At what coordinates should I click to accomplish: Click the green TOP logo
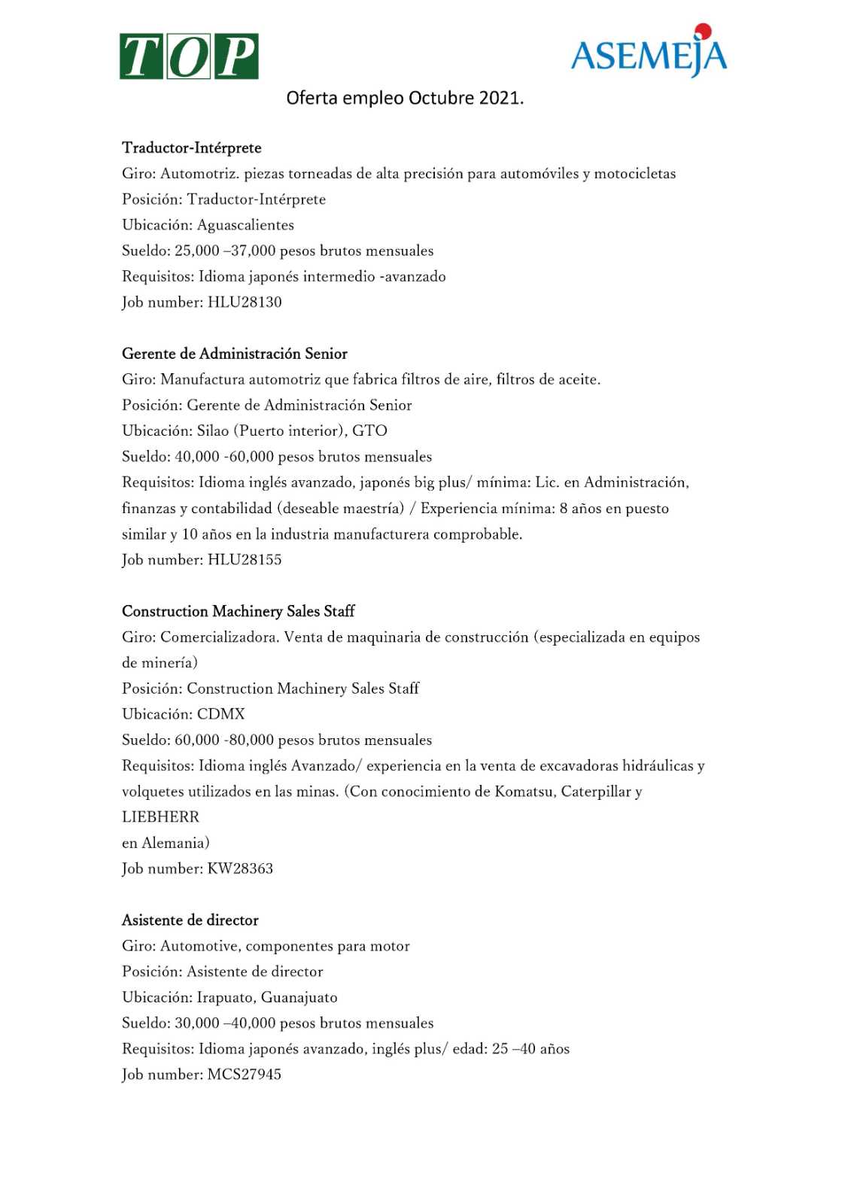[x=189, y=56]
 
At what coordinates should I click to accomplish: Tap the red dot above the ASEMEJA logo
[x=703, y=31]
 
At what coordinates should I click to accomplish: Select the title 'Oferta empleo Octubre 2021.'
[x=405, y=99]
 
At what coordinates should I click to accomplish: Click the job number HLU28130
[x=245, y=303]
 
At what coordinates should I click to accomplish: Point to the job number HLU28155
[x=245, y=560]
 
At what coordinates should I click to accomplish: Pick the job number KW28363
[x=240, y=868]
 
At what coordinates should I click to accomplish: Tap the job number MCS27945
[x=244, y=1075]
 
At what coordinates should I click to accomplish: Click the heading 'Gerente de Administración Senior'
[x=235, y=354]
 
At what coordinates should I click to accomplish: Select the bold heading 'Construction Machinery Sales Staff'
[x=238, y=611]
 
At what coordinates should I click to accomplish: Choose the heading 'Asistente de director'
[x=190, y=920]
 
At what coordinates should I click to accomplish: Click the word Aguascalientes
[x=245, y=225]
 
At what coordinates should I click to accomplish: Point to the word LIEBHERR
[x=160, y=817]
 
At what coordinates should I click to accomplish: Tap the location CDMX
[x=220, y=714]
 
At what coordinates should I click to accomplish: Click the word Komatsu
[x=524, y=792]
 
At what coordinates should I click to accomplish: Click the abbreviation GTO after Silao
[x=369, y=431]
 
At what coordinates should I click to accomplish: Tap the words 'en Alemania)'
[x=166, y=843]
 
